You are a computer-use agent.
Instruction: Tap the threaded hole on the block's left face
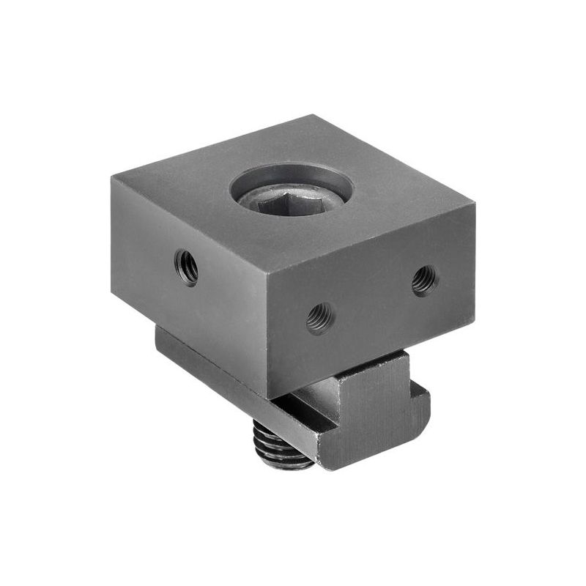click(186, 266)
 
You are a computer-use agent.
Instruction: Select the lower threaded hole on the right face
click(319, 318)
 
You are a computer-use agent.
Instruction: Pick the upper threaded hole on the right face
click(424, 279)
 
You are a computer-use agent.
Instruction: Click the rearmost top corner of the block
click(320, 116)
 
